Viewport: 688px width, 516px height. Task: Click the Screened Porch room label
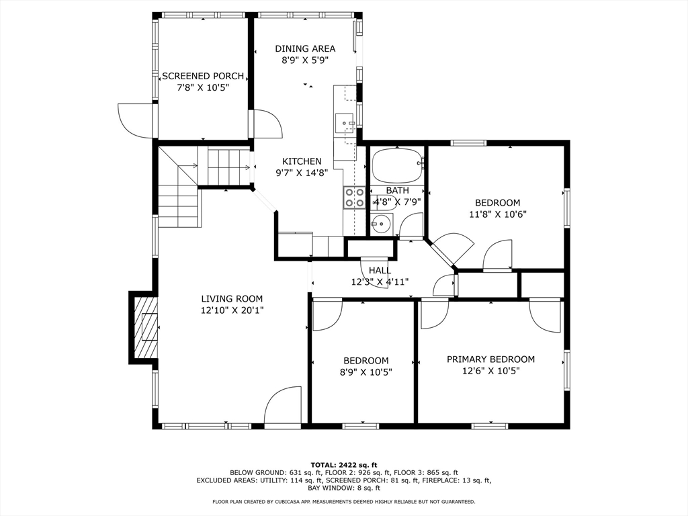coord(203,76)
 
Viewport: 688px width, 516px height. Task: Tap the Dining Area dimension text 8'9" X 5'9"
coord(305,60)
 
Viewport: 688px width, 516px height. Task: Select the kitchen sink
coord(345,123)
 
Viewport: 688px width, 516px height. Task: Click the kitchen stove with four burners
coord(354,197)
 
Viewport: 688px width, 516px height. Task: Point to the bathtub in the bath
coord(397,165)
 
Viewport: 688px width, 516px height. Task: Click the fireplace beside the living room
coord(145,327)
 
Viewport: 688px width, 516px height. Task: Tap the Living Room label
coord(232,299)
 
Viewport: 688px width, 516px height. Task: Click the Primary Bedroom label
coord(490,359)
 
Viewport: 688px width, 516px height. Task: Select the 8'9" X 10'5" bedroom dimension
coord(366,372)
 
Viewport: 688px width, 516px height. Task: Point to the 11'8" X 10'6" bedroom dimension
coord(497,214)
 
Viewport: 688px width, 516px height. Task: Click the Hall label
coord(380,271)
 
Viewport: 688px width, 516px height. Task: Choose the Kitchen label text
coord(302,161)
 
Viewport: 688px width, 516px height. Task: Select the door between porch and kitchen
coord(267,124)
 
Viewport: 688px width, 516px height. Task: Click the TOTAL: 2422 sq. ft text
coord(344,465)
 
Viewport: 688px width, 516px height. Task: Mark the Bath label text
coord(397,191)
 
